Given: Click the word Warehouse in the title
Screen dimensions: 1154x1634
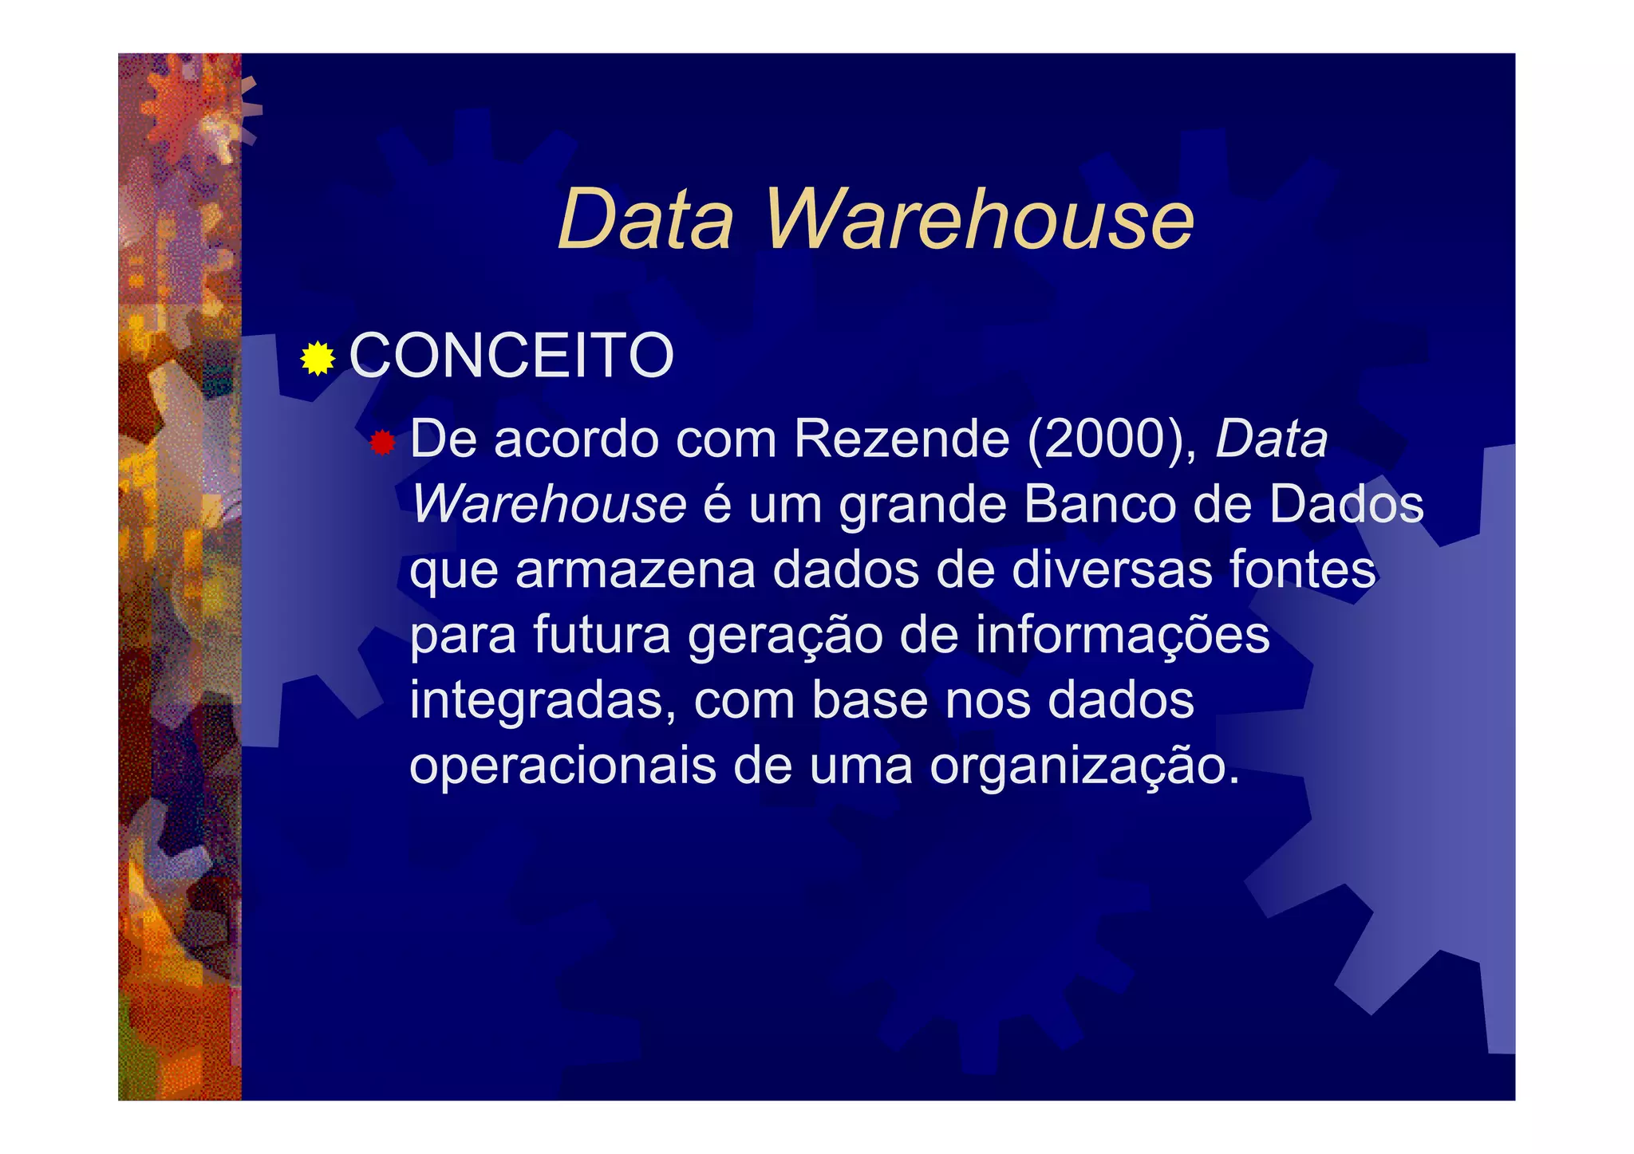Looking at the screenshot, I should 979,219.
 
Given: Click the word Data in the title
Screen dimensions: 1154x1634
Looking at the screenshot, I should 645,219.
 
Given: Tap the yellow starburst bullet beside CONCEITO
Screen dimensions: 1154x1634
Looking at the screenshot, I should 318,358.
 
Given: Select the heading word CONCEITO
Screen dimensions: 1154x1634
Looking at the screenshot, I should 511,356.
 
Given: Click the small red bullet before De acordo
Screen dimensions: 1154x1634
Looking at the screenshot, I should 382,443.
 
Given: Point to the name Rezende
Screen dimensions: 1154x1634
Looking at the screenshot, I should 902,439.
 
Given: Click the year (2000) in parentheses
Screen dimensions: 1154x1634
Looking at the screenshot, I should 1111,439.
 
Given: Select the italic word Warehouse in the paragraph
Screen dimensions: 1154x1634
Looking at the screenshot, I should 549,505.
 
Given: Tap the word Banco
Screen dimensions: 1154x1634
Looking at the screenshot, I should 1099,505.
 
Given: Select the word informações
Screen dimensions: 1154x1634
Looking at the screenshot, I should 1122,636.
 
